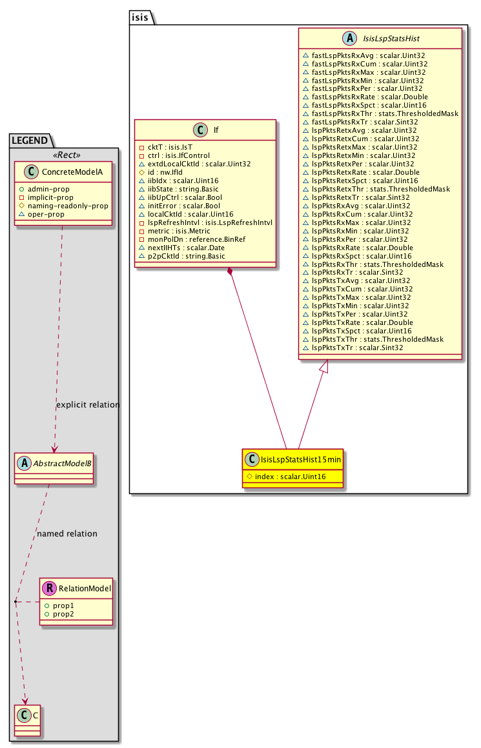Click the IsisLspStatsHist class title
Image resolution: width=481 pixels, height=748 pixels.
point(391,39)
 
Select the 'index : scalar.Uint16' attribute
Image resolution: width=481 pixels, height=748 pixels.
point(291,477)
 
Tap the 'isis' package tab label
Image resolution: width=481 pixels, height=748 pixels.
point(140,17)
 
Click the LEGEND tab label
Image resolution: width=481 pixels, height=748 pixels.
point(30,141)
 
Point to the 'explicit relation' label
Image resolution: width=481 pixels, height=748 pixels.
point(88,404)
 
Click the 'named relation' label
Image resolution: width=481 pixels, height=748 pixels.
point(67,534)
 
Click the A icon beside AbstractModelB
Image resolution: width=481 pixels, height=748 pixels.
point(24,463)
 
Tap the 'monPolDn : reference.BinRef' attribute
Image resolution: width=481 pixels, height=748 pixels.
point(196,239)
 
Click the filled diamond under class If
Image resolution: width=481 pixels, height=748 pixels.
point(230,272)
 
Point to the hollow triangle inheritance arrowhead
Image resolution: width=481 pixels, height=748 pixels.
point(325,366)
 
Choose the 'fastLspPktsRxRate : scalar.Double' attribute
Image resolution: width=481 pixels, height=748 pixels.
point(370,97)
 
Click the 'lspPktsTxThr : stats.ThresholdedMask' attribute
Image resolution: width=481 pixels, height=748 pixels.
point(377,340)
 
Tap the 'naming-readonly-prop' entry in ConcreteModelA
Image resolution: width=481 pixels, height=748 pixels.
point(68,206)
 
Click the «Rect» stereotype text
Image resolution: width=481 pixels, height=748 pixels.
point(67,155)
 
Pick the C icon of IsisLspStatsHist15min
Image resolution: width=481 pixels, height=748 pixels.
point(252,459)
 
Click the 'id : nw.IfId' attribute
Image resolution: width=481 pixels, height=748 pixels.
point(165,172)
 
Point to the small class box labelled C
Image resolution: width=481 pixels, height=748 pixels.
point(28,719)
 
